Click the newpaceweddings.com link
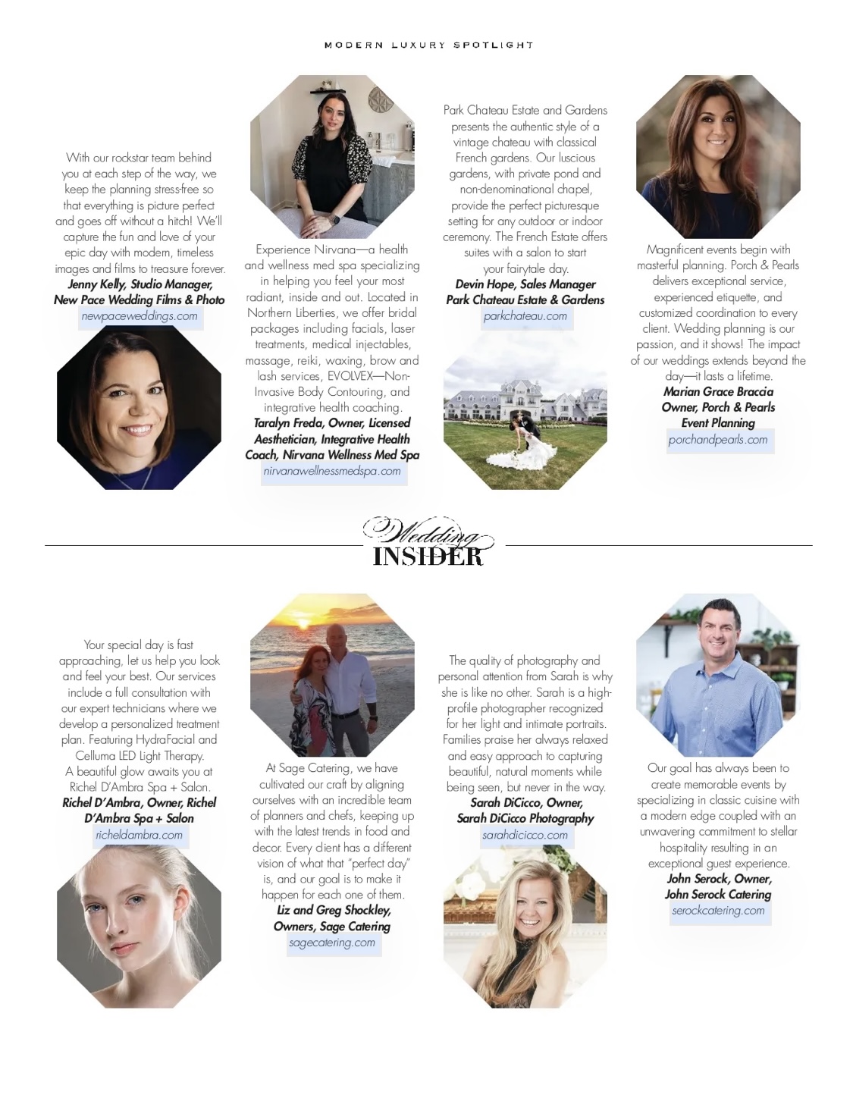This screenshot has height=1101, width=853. pyautogui.click(x=139, y=316)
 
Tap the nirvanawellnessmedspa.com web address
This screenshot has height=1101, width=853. pyautogui.click(x=332, y=471)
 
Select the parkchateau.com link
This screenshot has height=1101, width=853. pyautogui.click(x=525, y=316)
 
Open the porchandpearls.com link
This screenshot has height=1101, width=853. pyautogui.click(x=717, y=440)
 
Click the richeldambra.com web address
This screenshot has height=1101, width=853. pyautogui.click(x=139, y=835)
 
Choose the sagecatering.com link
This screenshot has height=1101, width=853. pyautogui.click(x=332, y=943)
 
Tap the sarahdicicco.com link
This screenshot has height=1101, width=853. pyautogui.click(x=525, y=835)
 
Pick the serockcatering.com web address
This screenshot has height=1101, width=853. pyautogui.click(x=717, y=911)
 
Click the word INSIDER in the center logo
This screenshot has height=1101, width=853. pyautogui.click(x=427, y=557)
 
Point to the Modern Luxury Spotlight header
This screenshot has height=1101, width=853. pyautogui.click(x=428, y=45)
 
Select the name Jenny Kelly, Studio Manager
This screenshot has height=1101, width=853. pyautogui.click(x=140, y=284)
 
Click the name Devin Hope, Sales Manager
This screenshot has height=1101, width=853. pyautogui.click(x=525, y=284)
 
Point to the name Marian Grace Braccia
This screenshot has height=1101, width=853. pyautogui.click(x=717, y=392)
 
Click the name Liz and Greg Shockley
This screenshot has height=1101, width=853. pyautogui.click(x=333, y=911)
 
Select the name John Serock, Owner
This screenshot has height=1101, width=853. pyautogui.click(x=718, y=879)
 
